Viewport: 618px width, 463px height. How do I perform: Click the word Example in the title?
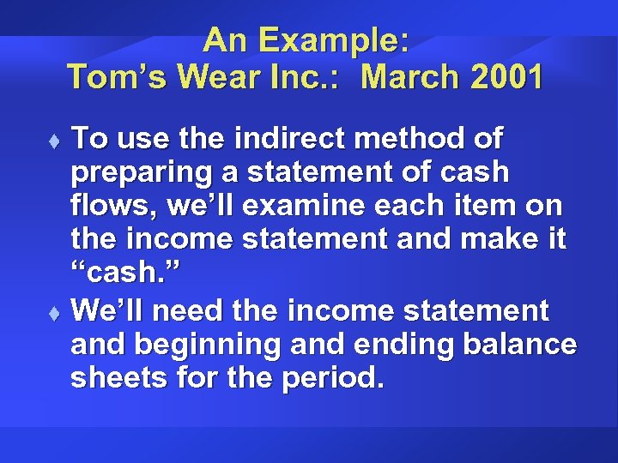pos(332,39)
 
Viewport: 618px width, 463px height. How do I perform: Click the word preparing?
pos(137,172)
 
